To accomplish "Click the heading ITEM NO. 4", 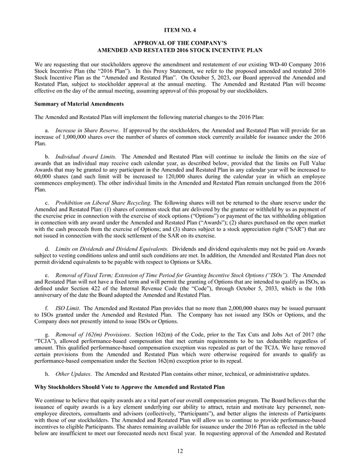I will (x=179, y=29).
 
